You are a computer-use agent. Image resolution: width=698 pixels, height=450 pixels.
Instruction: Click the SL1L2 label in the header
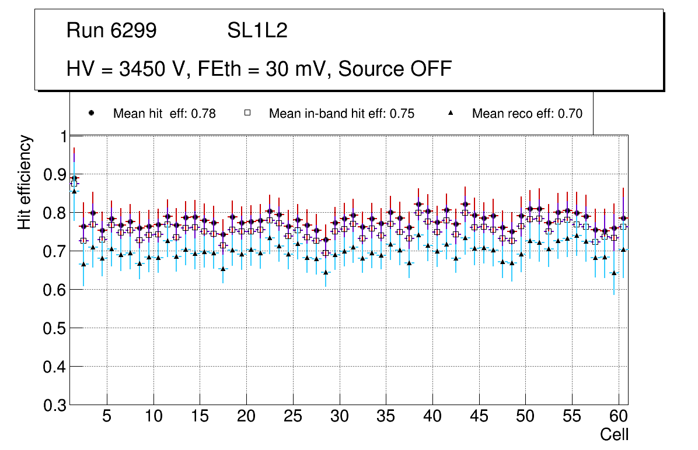point(257,31)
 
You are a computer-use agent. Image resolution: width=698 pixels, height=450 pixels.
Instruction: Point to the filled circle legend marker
point(91,114)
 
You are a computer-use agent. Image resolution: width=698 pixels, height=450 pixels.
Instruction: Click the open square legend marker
point(247,114)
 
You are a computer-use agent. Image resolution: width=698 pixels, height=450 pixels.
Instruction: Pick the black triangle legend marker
point(451,114)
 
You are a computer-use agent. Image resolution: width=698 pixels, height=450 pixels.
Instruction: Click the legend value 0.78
point(204,114)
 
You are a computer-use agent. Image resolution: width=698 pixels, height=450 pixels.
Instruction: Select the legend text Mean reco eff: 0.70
point(527,114)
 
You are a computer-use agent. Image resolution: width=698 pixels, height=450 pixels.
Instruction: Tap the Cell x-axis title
point(615,434)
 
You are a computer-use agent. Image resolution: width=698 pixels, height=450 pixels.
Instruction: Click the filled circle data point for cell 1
point(74,178)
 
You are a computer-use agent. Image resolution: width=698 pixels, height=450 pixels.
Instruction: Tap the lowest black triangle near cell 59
point(613,273)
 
